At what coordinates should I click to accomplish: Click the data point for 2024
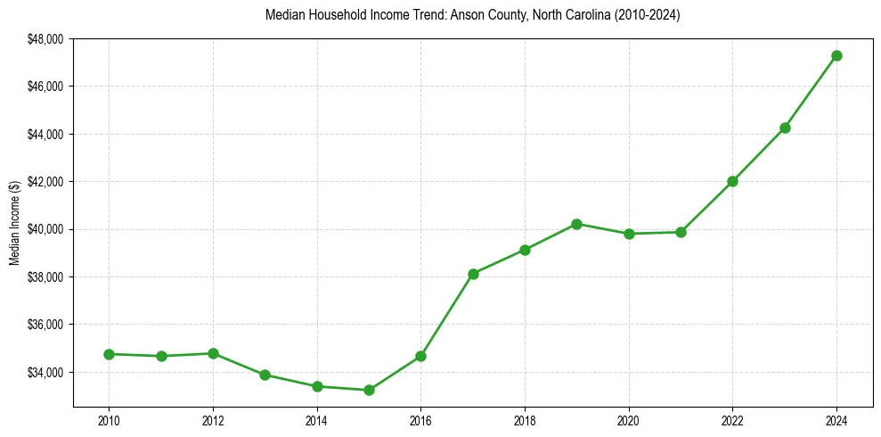pyautogui.click(x=836, y=55)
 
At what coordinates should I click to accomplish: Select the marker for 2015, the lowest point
pyautogui.click(x=369, y=390)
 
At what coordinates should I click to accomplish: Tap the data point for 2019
pyautogui.click(x=576, y=224)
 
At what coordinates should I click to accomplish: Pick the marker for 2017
pyautogui.click(x=473, y=274)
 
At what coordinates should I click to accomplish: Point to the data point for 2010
pyautogui.click(x=109, y=354)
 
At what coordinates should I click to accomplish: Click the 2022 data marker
pyautogui.click(x=732, y=181)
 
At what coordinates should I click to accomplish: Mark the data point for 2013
pyautogui.click(x=265, y=375)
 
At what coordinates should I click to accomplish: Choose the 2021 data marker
pyautogui.click(x=681, y=232)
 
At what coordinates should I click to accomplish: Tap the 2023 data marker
pyautogui.click(x=785, y=128)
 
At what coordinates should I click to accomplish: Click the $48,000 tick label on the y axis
pyautogui.click(x=45, y=39)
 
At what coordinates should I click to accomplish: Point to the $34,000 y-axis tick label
pyautogui.click(x=45, y=372)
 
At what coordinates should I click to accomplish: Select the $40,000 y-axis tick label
pyautogui.click(x=45, y=229)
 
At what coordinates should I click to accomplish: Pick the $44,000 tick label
pyautogui.click(x=45, y=134)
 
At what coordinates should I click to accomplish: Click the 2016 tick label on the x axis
pyautogui.click(x=420, y=419)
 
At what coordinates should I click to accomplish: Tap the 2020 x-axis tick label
pyautogui.click(x=629, y=419)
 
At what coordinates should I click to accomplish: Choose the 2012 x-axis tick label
pyautogui.click(x=213, y=419)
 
